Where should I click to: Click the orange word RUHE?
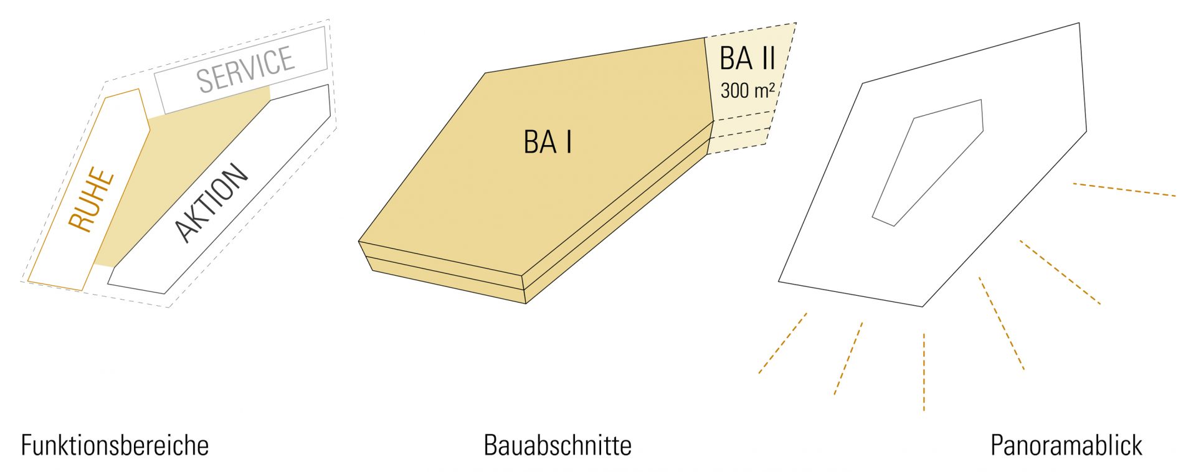92,200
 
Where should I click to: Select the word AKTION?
211,202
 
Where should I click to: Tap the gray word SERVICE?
245,69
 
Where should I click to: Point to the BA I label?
548,142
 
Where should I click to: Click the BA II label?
747,59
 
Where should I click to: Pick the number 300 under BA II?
734,91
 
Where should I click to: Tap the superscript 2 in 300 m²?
772,86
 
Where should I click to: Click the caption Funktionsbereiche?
115,445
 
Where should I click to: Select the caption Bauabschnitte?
558,445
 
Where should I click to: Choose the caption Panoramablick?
1066,445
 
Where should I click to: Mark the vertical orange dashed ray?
924,372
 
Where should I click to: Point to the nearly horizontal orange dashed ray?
1124,190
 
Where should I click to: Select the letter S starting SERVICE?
205,81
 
